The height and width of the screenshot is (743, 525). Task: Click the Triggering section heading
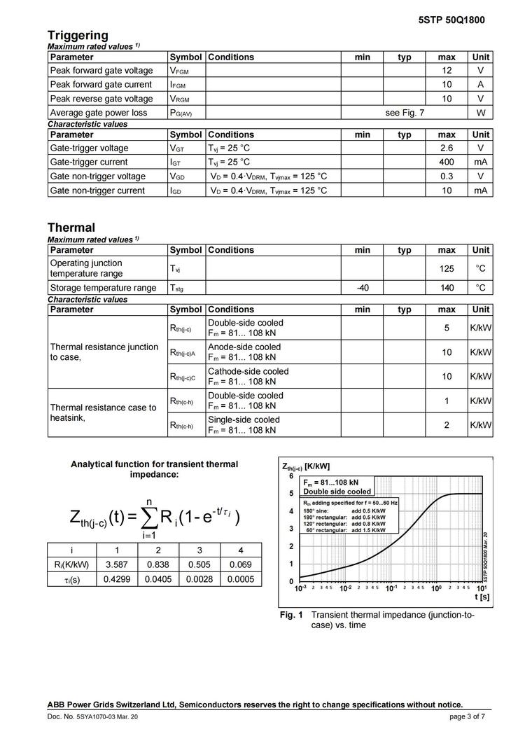[x=78, y=35]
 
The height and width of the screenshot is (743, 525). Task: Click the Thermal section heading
[x=71, y=228]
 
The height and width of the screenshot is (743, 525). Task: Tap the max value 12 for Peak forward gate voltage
[x=447, y=71]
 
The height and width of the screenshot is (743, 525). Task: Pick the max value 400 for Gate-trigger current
[x=447, y=162]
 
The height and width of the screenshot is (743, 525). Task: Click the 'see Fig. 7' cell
[x=405, y=113]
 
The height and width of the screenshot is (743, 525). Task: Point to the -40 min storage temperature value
[x=363, y=288]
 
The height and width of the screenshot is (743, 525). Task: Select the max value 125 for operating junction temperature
[x=447, y=269]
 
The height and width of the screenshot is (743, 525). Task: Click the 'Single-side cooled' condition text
[x=244, y=420]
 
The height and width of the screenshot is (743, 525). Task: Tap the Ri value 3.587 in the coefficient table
[x=116, y=564]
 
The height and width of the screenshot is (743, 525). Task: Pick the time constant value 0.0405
[x=158, y=579]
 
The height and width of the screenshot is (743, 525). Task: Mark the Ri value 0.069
[x=240, y=564]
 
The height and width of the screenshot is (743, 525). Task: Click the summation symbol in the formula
[x=149, y=517]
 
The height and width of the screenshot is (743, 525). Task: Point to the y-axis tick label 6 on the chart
[x=291, y=476]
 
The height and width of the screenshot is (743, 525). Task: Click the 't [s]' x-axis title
[x=482, y=597]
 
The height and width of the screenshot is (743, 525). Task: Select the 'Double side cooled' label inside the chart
[x=337, y=492]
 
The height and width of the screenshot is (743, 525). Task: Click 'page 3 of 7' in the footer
[x=467, y=716]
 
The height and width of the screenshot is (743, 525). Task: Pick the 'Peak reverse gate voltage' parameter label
[x=101, y=99]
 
